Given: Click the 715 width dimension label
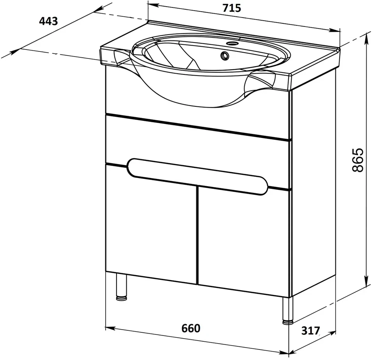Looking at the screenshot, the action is pyautogui.click(x=232, y=8).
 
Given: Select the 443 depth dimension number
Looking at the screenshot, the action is pyautogui.click(x=48, y=21).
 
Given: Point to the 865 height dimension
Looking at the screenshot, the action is pyautogui.click(x=358, y=160).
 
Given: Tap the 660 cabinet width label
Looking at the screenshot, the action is pyautogui.click(x=191, y=328).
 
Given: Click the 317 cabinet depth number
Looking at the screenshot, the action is pyautogui.click(x=310, y=330).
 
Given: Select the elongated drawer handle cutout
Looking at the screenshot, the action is pyautogui.click(x=197, y=176).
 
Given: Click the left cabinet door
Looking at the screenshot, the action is pyautogui.click(x=151, y=224).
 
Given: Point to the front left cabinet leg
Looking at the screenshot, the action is pyautogui.click(x=122, y=287).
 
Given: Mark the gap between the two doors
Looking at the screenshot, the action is pyautogui.click(x=197, y=235).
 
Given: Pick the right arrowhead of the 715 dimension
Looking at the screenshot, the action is pyautogui.click(x=335, y=30).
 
